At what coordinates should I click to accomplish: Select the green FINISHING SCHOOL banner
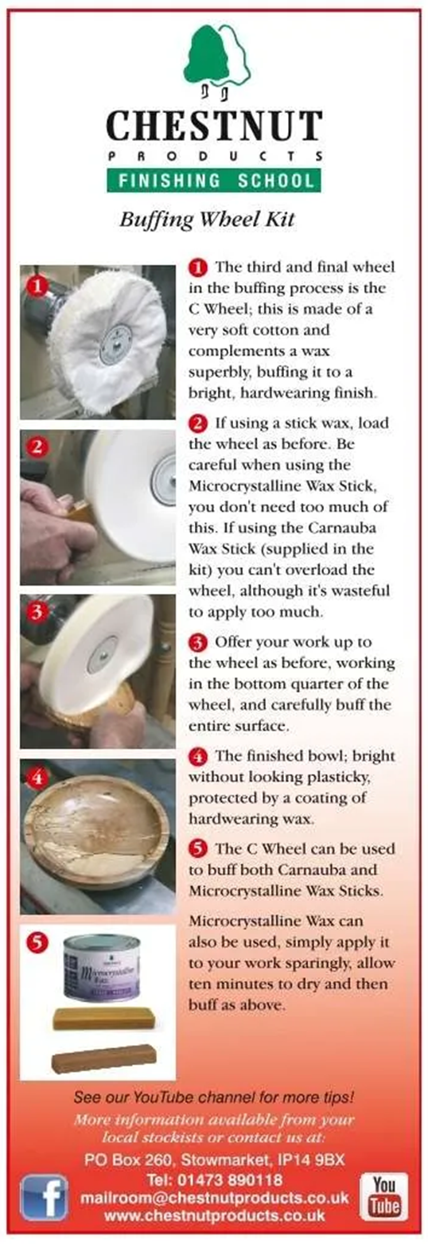214,180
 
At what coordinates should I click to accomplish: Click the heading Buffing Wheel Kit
207,220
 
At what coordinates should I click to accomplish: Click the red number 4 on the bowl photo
37,778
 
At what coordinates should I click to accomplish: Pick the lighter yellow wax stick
103,1017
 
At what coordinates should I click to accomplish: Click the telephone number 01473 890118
214,1180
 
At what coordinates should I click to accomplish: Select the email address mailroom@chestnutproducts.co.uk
215,1198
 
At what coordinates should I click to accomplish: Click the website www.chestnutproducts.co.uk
215,1215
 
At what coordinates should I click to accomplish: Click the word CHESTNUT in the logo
214,126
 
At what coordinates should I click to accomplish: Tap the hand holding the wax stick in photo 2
56,528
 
